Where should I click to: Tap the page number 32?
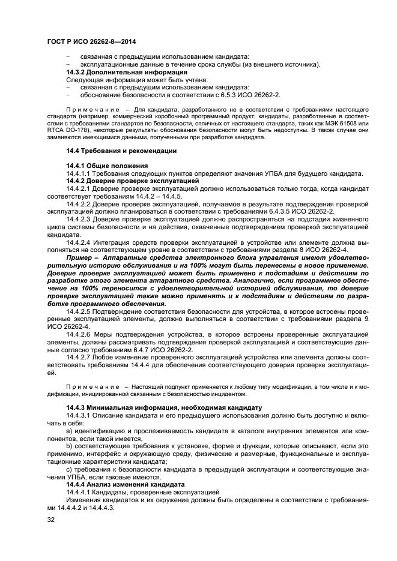click(51, 520)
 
